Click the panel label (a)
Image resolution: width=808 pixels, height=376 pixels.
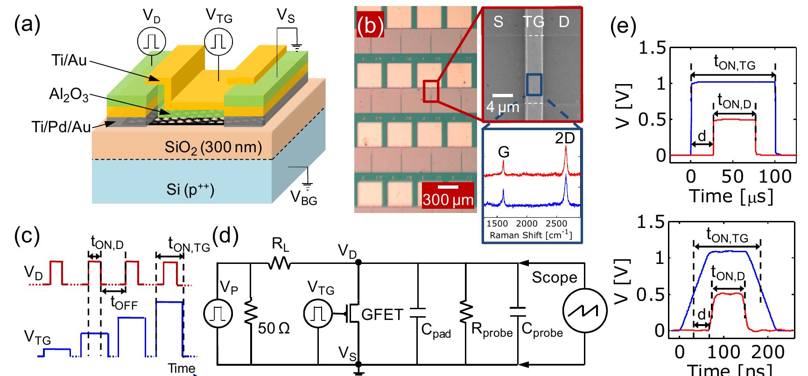[x=27, y=23]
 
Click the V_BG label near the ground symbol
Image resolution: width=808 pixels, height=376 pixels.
[x=303, y=199]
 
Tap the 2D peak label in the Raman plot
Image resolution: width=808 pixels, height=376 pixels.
[x=565, y=139]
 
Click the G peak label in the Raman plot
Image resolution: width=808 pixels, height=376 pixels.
[x=503, y=152]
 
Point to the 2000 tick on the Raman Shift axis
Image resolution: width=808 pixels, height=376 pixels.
[x=527, y=224]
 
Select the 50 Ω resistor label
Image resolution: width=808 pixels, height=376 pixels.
[x=274, y=329]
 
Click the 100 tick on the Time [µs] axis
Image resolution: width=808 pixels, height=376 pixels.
[x=775, y=177]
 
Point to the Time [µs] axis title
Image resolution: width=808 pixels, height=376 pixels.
[x=731, y=196]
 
